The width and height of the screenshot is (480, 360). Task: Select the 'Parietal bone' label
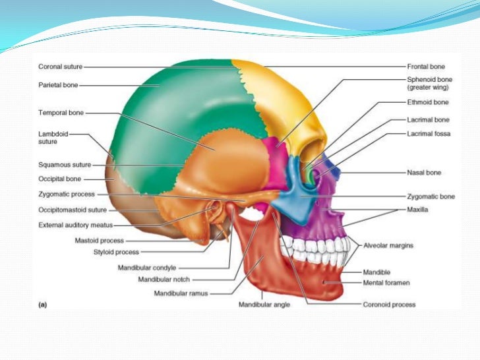pos(58,85)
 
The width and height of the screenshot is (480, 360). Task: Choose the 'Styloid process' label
pos(116,252)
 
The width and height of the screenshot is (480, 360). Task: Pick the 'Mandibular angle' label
pos(264,305)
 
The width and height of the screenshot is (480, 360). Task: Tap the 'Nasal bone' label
pos(424,173)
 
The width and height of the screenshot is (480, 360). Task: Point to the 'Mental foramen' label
pos(386,283)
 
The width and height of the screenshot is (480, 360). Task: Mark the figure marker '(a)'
pos(40,305)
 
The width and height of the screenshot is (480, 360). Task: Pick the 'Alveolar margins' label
pos(388,245)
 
